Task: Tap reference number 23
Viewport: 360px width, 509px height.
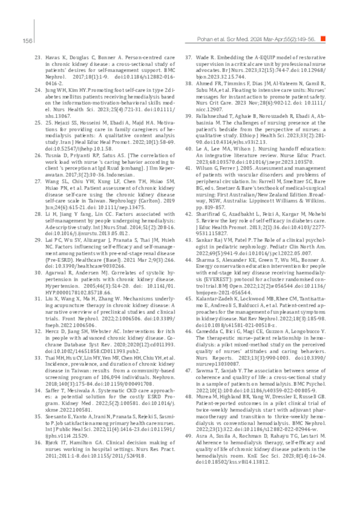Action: pos(38,57)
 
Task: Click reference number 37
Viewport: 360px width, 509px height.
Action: pos(188,57)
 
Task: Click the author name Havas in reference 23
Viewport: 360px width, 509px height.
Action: pos(53,57)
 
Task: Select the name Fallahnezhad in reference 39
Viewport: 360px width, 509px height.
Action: pos(215,115)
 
